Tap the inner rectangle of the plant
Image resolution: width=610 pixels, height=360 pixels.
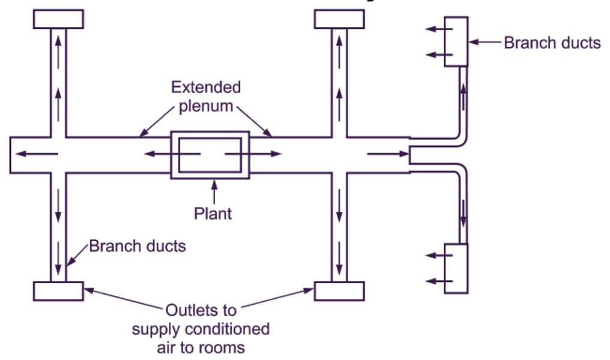pos(211,155)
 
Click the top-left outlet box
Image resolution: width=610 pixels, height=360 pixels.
pos(58,19)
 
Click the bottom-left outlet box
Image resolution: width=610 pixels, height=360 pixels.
pos(58,291)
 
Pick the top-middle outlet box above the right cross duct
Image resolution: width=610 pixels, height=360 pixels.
pos(339,19)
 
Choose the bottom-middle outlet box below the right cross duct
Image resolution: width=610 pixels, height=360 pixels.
pos(339,291)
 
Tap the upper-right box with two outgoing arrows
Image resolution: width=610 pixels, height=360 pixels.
pos(456,41)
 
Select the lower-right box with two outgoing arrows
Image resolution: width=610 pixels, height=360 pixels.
pos(456,268)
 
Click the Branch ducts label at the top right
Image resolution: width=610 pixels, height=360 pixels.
pos(552,43)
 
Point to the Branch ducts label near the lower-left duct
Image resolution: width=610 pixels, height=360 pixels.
pos(137,246)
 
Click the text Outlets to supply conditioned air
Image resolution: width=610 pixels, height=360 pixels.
pos(201,329)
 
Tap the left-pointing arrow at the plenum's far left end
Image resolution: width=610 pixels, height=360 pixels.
pos(36,154)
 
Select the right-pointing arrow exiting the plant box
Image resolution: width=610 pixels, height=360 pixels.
pos(253,154)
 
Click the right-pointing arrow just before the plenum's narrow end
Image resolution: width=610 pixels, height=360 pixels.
pos(387,154)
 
